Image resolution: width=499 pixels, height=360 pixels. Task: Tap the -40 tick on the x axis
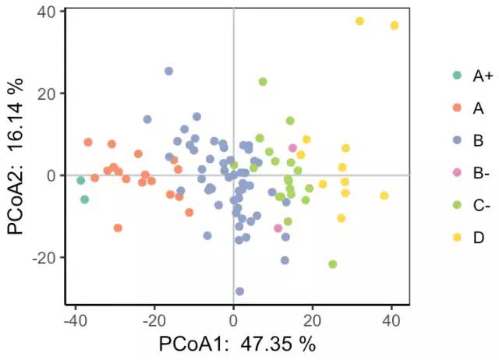[75, 319]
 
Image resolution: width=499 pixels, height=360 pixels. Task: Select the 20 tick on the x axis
[312, 319]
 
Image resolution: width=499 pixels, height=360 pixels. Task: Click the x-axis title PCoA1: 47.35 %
[238, 344]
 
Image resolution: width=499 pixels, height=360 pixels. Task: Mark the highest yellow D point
[359, 21]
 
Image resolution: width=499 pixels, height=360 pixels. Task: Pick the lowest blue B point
[239, 291]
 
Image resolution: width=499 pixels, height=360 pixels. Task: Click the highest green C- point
[263, 82]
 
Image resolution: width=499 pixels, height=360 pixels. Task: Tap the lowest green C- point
[333, 264]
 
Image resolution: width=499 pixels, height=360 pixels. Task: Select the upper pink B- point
[292, 148]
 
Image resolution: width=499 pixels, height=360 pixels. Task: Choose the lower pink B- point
[278, 228]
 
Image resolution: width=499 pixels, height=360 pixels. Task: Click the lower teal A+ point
[85, 199]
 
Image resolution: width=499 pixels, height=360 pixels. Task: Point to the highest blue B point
[168, 71]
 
